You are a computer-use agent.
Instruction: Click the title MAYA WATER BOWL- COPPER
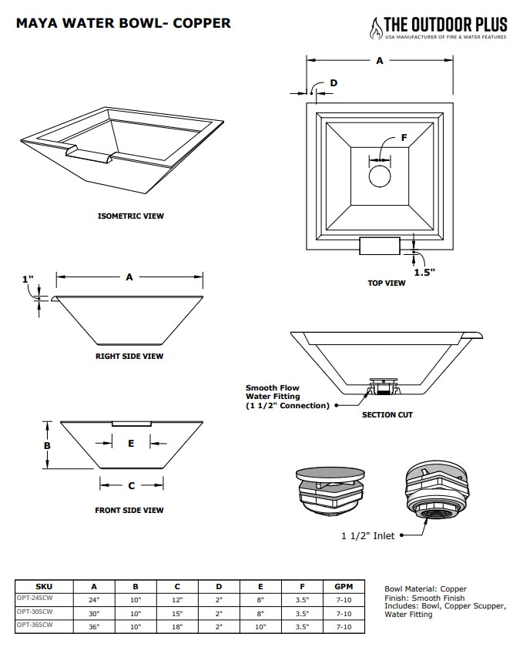pos(123,23)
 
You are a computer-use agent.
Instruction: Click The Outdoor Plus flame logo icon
pos(377,28)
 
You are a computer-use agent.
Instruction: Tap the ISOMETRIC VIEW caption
pos(130,216)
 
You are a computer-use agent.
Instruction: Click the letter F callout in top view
pos(404,138)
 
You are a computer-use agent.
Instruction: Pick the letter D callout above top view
pos(334,82)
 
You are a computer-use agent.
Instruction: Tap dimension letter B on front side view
pos(47,446)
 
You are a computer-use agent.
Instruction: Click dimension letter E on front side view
pos(132,443)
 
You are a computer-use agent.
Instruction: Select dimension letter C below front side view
pos(132,485)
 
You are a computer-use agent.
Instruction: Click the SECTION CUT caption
pos(387,415)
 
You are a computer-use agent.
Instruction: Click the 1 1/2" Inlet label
pos(368,535)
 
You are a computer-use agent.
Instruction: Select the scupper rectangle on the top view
pos(380,246)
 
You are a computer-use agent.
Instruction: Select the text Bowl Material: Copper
pos(425,589)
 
